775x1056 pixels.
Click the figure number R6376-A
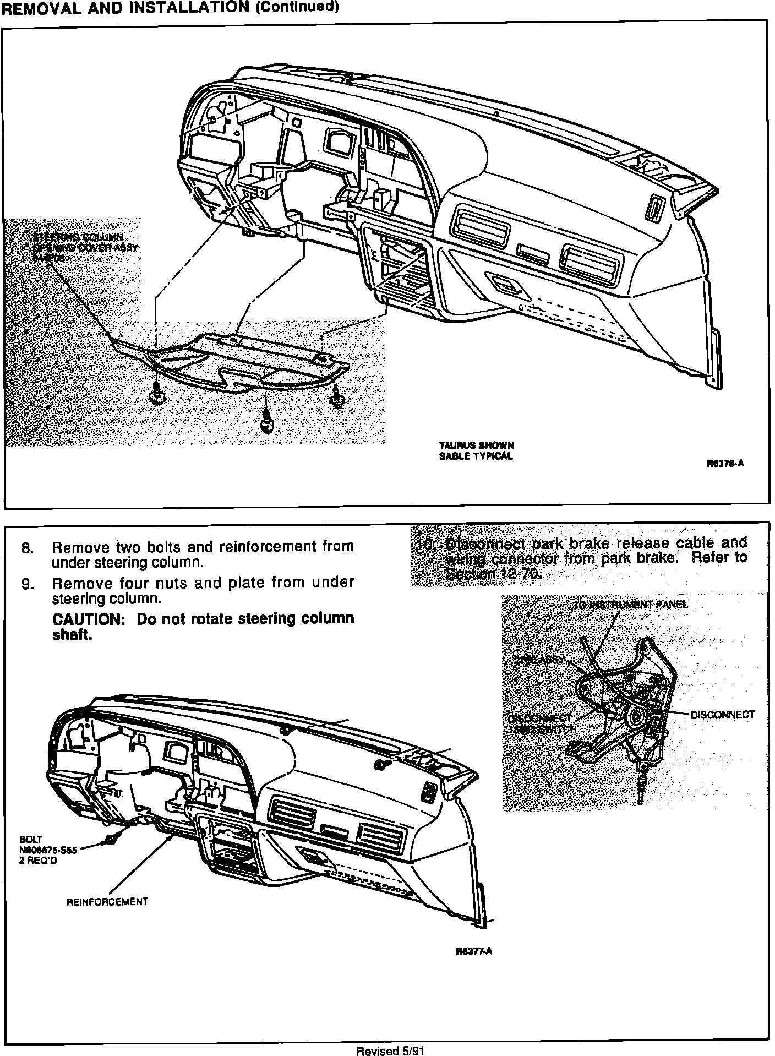[725, 464]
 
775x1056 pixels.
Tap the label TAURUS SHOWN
[477, 445]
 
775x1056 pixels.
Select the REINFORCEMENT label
[107, 902]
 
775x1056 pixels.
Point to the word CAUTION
[89, 619]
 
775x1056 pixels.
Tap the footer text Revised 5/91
[390, 1050]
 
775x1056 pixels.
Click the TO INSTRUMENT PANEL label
[630, 605]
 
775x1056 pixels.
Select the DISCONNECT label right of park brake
[722, 715]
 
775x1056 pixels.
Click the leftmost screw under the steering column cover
[156, 394]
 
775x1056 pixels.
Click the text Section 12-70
[493, 575]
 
